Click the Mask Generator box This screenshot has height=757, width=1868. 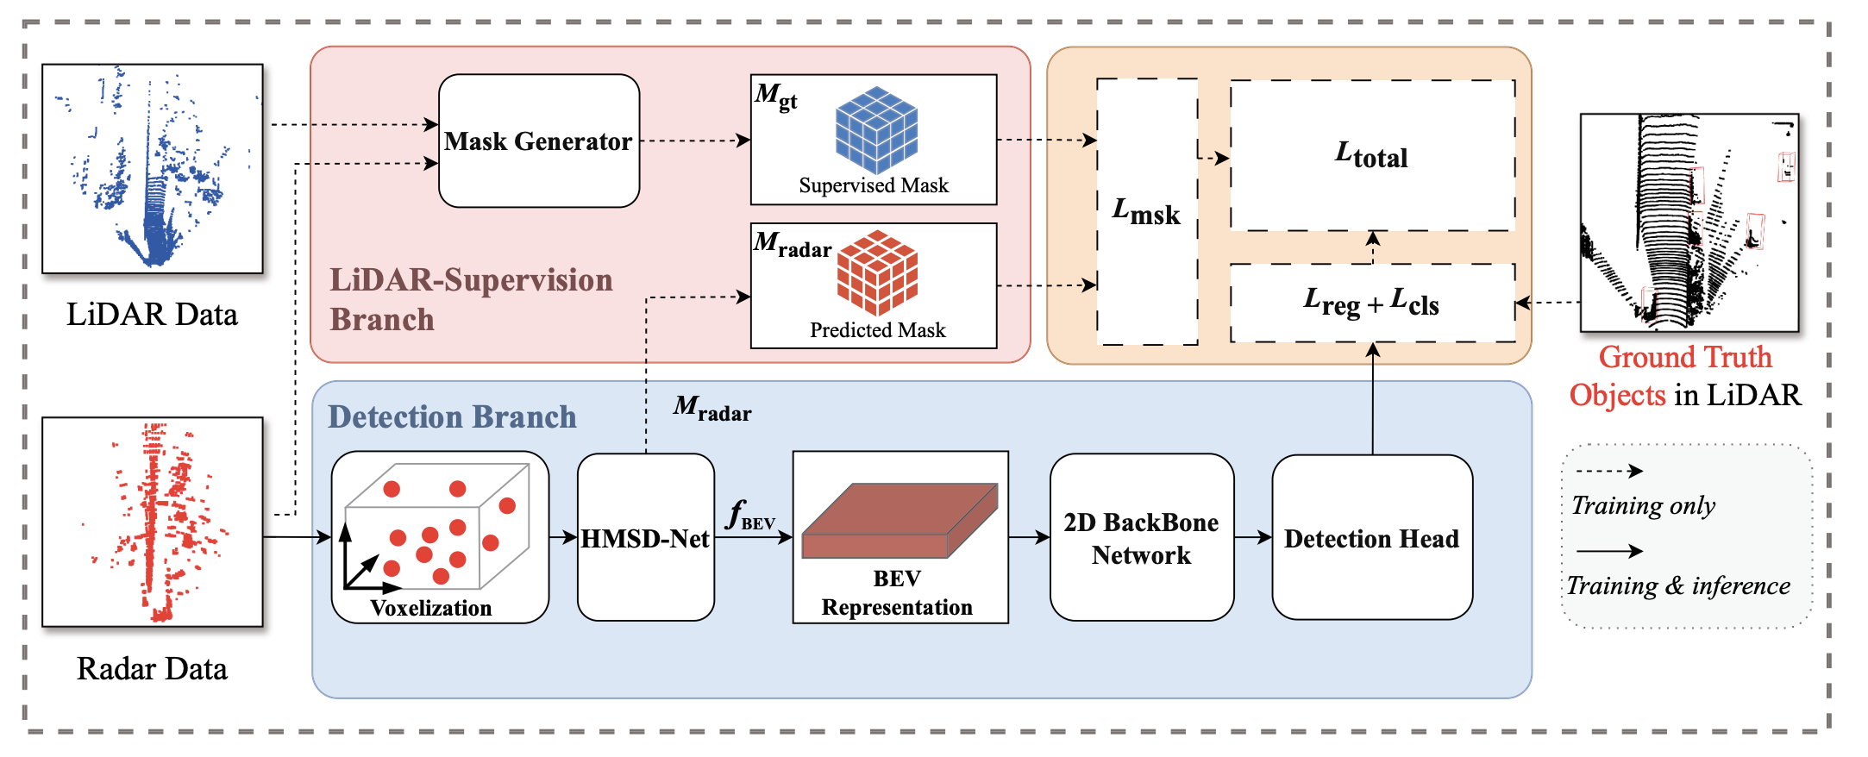pyautogui.click(x=539, y=141)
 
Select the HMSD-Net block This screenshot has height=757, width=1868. pyautogui.click(x=645, y=538)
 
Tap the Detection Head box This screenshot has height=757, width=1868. pyautogui.click(x=1371, y=538)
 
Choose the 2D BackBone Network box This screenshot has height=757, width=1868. pyautogui.click(x=1141, y=538)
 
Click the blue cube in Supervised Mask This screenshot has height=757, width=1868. pyautogui.click(x=876, y=129)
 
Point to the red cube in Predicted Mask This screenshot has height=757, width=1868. pyautogui.click(x=877, y=272)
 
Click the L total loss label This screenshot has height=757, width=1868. pyautogui.click(x=1371, y=155)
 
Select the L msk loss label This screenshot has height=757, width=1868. pyautogui.click(x=1146, y=211)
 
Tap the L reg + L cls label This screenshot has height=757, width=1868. pyautogui.click(x=1371, y=303)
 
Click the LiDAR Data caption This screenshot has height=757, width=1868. pyautogui.click(x=152, y=315)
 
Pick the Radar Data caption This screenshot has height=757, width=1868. pyautogui.click(x=152, y=669)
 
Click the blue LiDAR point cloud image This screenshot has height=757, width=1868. pyautogui.click(x=153, y=169)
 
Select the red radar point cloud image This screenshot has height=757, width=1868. pyautogui.click(x=153, y=522)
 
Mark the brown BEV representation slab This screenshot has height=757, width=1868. pyautogui.click(x=900, y=520)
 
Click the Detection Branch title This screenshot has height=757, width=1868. pyautogui.click(x=452, y=417)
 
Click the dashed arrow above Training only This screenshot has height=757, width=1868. pyautogui.click(x=1608, y=471)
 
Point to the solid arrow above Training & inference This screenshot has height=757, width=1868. pyautogui.click(x=1608, y=551)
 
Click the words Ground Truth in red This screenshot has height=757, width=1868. pyautogui.click(x=1684, y=357)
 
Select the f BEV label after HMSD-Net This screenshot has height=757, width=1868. pyautogui.click(x=751, y=516)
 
